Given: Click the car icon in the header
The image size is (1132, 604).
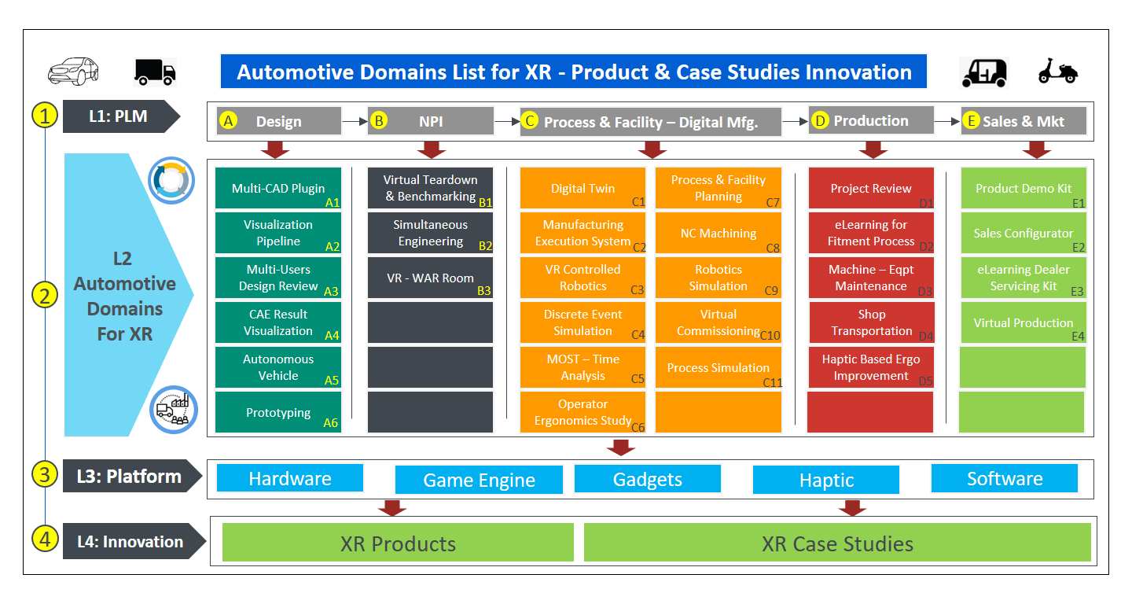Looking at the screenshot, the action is click(x=73, y=71).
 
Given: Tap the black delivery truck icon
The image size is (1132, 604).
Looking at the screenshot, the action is click(x=155, y=72).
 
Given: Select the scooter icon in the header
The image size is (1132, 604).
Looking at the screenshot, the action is click(x=1058, y=71).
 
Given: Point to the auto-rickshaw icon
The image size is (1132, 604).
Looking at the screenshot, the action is click(x=984, y=73).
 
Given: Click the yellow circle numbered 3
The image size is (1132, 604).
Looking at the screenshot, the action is click(x=45, y=475).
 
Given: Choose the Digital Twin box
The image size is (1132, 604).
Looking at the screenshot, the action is click(x=583, y=188).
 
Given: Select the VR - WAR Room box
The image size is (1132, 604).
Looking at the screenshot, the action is click(x=430, y=278).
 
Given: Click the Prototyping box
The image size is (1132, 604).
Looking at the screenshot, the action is click(x=278, y=412).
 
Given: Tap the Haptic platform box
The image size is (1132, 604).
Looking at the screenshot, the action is click(x=826, y=480).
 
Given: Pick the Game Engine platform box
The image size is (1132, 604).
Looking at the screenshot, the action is click(x=479, y=480).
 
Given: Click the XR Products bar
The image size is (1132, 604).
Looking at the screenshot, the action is click(x=398, y=543).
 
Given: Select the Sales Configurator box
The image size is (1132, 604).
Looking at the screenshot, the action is click(x=1024, y=233).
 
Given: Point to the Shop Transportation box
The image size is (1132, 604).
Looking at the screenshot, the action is click(x=872, y=322).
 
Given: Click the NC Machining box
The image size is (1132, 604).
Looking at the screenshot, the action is click(x=719, y=233).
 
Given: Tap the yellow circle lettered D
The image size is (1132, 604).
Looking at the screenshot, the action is click(x=820, y=121).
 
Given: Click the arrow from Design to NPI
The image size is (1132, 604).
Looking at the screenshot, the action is click(x=355, y=121).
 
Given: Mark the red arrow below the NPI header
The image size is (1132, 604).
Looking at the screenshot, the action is click(x=431, y=149).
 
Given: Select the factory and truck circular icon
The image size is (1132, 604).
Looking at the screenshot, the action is click(x=173, y=410).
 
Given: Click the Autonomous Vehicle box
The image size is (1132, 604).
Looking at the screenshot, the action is click(x=278, y=367).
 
